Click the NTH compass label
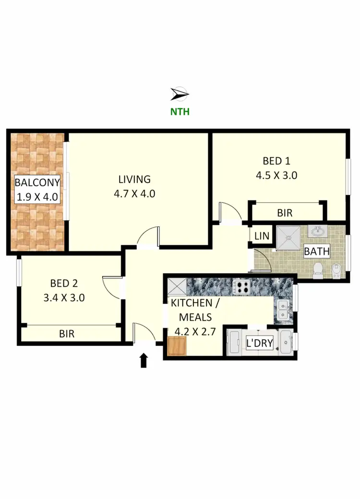click(180, 111)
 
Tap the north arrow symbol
click(180, 94)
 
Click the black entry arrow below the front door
click(143, 360)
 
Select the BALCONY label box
click(37, 189)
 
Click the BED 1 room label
click(276, 161)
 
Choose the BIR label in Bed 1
click(285, 213)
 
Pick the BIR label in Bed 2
click(67, 333)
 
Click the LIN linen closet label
click(262, 236)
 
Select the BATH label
click(317, 251)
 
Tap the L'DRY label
click(259, 343)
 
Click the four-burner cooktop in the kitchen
click(241, 287)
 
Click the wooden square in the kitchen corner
click(177, 346)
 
